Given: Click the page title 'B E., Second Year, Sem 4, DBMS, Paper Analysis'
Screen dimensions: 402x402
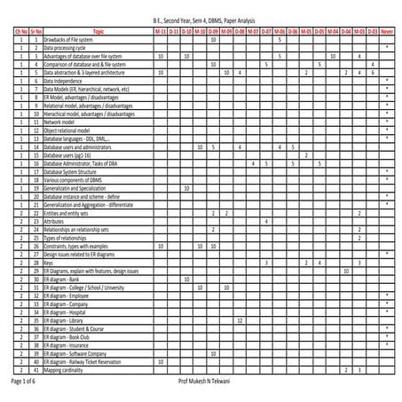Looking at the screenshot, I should pos(201,19).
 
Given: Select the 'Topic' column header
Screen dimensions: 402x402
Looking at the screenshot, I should pos(98,31).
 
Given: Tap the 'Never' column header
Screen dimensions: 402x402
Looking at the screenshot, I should pos(387,31).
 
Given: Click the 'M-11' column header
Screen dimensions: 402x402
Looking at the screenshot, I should pos(160,31).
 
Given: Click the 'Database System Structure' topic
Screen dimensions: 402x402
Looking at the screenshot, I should pos(71,170).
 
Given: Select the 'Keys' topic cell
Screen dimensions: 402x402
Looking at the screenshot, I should pos(48,263).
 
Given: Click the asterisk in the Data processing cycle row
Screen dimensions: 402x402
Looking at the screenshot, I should pos(387,47).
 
